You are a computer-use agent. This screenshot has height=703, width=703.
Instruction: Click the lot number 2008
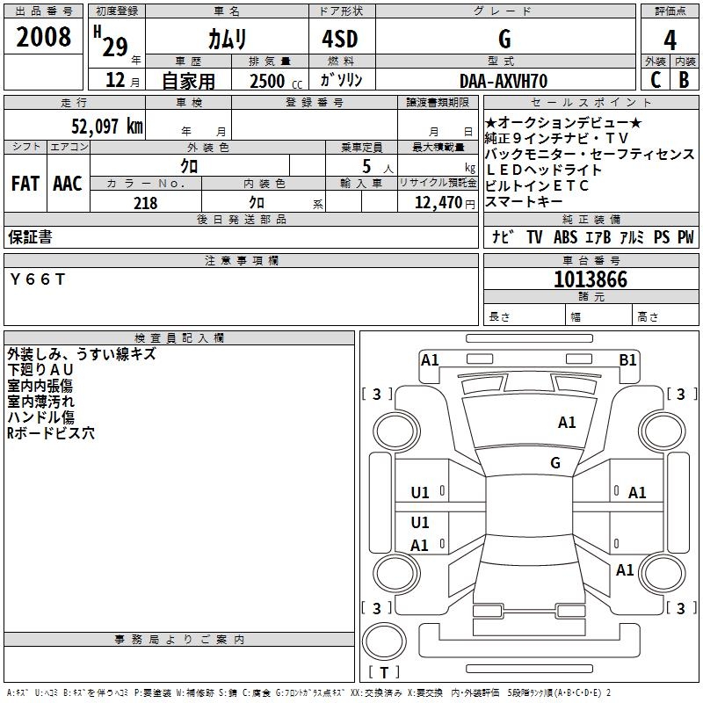(44, 37)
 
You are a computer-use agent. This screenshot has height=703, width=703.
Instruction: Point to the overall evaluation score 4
(670, 40)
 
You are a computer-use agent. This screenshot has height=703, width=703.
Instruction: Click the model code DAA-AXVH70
(504, 81)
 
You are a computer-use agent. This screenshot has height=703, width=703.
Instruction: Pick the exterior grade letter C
(655, 80)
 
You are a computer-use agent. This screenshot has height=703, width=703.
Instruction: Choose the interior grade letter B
(684, 80)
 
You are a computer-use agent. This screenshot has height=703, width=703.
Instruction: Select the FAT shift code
(25, 184)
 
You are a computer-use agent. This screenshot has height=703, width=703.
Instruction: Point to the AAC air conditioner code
(67, 184)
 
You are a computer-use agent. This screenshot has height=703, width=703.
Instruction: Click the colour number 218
(145, 203)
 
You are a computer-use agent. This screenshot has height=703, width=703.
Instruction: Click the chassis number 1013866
(591, 279)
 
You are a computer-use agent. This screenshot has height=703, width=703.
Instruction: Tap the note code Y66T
(37, 279)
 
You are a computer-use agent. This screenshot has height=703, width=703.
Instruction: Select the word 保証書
(30, 237)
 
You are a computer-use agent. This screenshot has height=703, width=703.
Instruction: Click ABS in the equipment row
(565, 237)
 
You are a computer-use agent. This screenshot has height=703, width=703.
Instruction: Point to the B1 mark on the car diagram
(627, 359)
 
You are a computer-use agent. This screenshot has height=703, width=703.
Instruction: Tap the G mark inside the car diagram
(555, 462)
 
